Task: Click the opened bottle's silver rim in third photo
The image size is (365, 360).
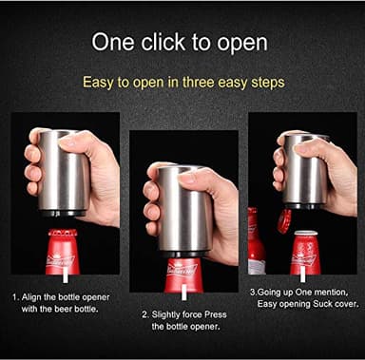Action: coord(307,234)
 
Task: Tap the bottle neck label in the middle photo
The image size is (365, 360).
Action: coord(182,272)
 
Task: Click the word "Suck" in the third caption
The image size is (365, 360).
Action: coord(319,307)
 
